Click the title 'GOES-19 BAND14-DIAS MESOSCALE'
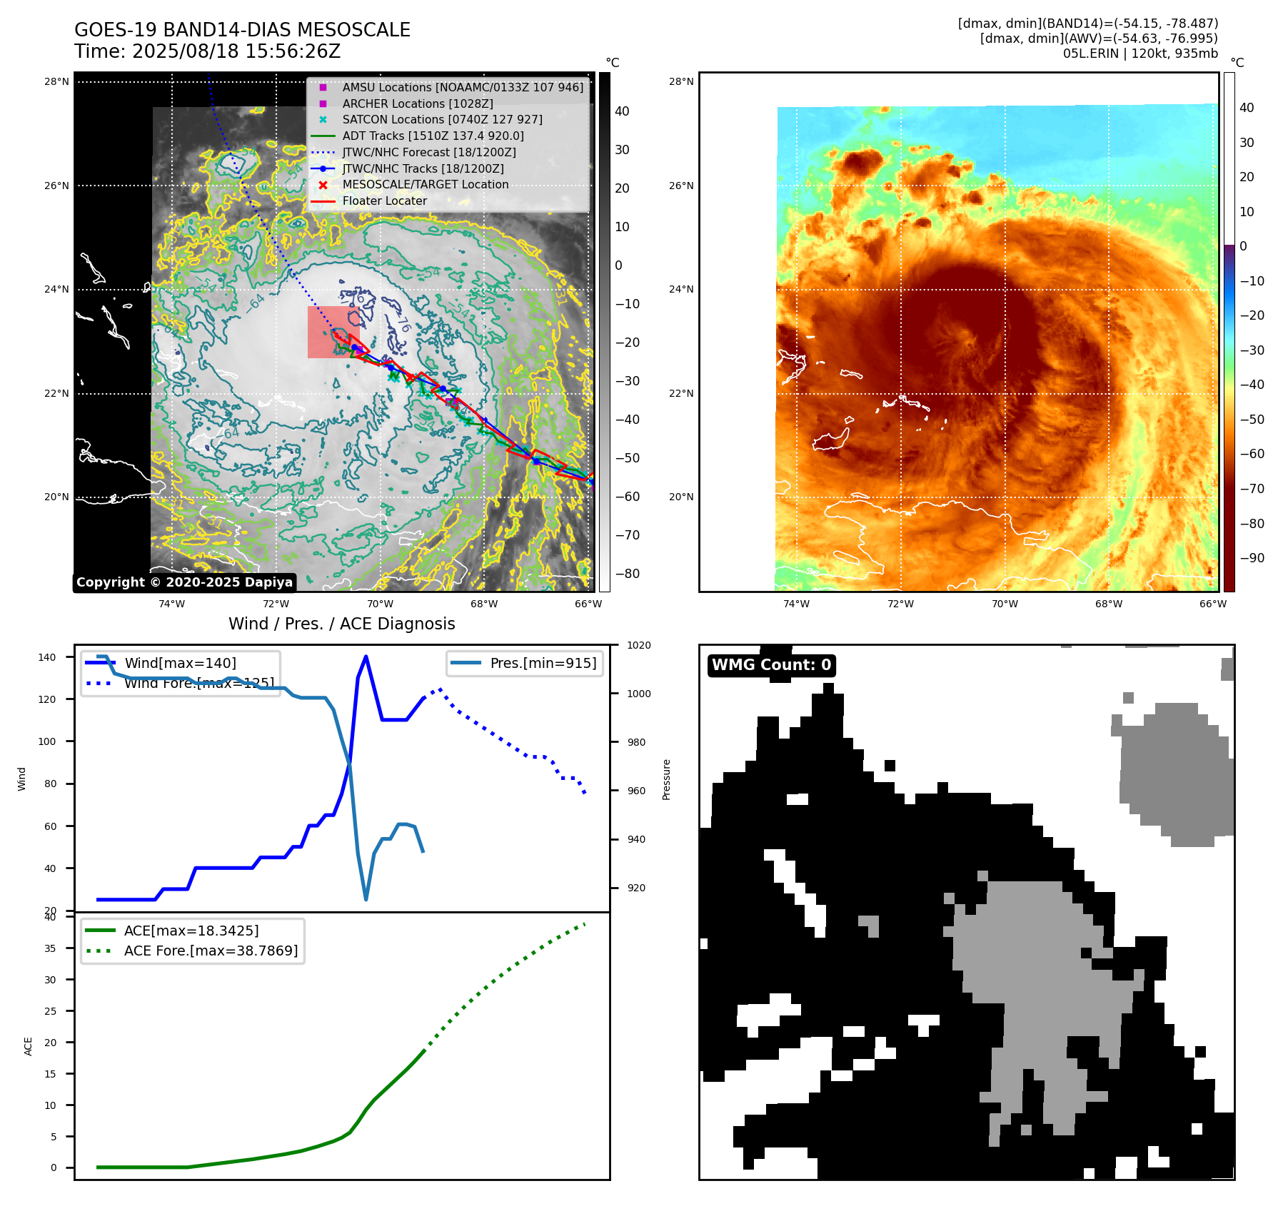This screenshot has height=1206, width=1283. (242, 30)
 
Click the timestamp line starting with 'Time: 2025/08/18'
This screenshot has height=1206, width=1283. (207, 51)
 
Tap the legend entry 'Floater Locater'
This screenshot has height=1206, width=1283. (384, 201)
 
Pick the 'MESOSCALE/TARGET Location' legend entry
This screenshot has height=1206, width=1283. (425, 184)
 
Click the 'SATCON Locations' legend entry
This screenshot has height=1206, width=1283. (442, 119)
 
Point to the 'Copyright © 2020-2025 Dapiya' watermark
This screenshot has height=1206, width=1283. (184, 582)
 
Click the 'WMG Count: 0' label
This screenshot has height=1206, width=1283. (771, 665)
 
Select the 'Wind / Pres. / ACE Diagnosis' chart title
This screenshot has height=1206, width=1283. (341, 624)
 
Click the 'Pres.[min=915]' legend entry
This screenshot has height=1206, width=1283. (543, 663)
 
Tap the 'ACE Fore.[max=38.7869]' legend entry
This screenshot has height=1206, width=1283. (211, 951)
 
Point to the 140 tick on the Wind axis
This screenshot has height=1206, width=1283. (47, 657)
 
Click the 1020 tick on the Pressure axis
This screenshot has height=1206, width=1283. (638, 645)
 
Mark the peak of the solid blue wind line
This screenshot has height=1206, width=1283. (366, 657)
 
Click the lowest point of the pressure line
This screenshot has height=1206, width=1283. (366, 899)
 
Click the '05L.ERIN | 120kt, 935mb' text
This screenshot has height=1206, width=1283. (1140, 54)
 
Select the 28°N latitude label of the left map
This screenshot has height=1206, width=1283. (56, 81)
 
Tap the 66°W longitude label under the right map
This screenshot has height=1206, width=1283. (1212, 604)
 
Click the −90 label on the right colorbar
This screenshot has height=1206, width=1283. (1252, 558)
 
